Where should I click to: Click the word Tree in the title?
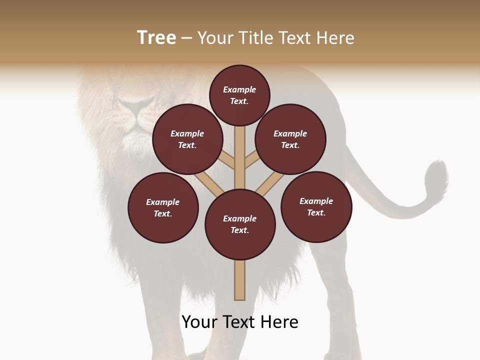click(x=156, y=38)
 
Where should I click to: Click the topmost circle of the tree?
click(x=239, y=95)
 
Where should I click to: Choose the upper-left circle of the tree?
click(x=187, y=139)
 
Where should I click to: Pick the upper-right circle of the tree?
click(x=290, y=139)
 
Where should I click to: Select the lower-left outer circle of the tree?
click(x=163, y=207)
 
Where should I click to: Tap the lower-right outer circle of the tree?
click(x=316, y=206)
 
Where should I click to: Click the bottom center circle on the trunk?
click(x=240, y=224)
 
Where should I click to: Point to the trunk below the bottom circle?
click(x=240, y=280)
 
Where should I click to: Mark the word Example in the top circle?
click(x=239, y=89)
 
